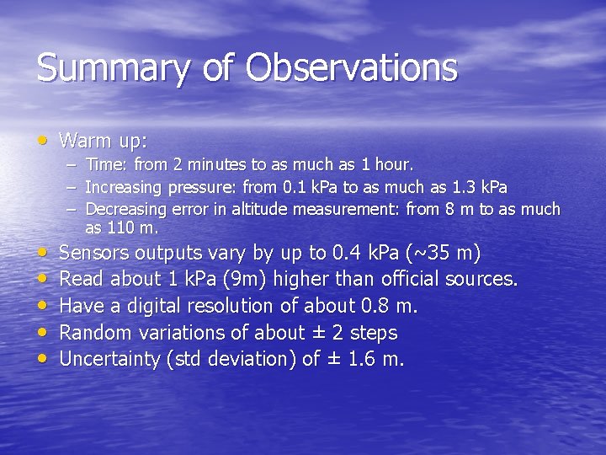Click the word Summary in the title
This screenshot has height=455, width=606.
[101, 68]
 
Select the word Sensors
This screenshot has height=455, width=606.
[95, 252]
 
